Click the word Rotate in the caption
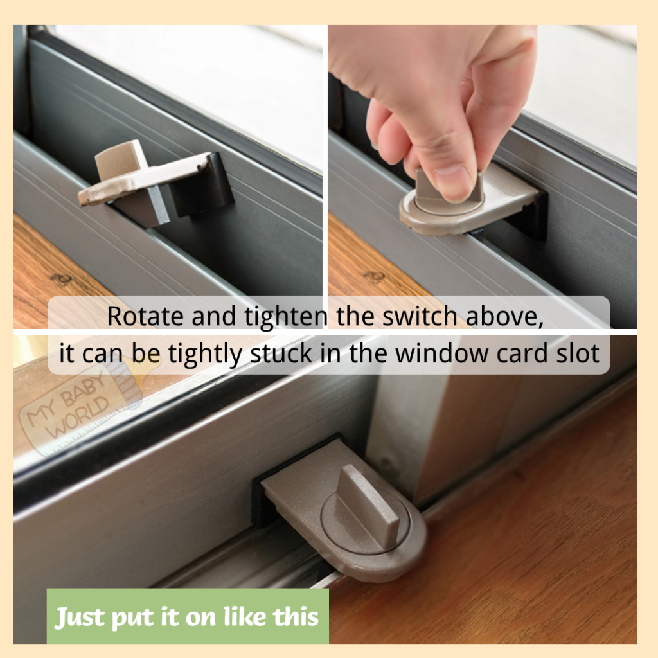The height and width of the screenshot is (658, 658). tap(145, 316)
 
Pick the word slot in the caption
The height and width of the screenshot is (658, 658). tap(578, 353)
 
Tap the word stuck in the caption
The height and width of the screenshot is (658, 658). tap(281, 353)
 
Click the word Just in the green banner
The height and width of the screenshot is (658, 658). tap(80, 618)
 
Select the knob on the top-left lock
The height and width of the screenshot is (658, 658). tap(119, 160)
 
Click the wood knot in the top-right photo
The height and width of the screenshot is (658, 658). tap(375, 276)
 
